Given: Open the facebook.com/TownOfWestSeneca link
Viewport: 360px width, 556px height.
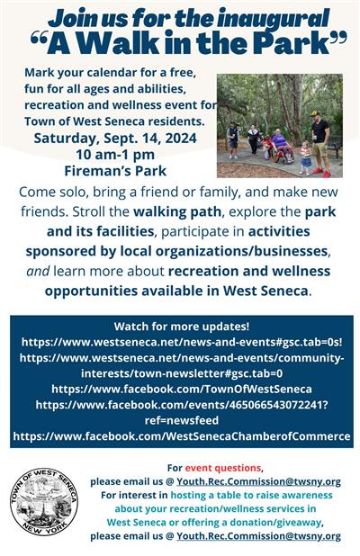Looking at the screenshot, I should (181, 389).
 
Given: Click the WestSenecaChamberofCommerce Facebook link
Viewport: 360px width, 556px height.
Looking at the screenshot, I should (181, 435).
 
